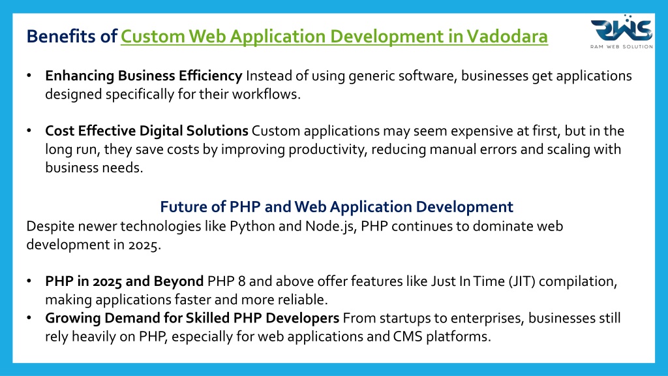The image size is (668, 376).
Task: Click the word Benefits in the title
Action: click(x=61, y=37)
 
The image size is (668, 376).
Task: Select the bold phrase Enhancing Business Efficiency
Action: click(x=144, y=76)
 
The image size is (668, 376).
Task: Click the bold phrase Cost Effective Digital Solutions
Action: click(x=147, y=131)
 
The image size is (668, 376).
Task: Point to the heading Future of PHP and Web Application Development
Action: click(x=337, y=207)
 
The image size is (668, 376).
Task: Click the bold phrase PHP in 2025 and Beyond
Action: click(x=125, y=281)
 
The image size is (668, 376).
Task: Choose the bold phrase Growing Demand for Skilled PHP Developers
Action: click(x=192, y=319)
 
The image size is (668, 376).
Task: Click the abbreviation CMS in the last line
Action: click(x=408, y=337)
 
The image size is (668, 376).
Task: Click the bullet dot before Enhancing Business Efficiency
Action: click(x=29, y=76)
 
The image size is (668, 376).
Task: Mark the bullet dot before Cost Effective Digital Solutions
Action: click(x=29, y=131)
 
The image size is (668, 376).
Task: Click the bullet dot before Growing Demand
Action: click(x=29, y=318)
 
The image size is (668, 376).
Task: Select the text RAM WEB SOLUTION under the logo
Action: click(x=622, y=46)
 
